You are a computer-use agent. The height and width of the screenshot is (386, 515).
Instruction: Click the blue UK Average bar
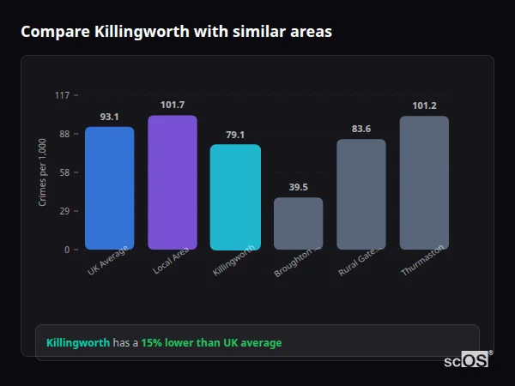109,188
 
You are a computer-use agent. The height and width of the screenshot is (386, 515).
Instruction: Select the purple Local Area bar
173,182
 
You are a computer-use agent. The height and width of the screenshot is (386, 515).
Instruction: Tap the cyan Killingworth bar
235,196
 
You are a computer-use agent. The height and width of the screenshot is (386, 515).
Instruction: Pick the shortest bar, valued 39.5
298,223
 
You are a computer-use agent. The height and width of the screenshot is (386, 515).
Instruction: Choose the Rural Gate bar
361,194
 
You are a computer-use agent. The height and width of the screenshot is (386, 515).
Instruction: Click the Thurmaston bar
424,183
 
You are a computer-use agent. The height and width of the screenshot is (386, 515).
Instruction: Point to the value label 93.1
109,117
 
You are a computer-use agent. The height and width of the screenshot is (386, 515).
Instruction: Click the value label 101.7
173,105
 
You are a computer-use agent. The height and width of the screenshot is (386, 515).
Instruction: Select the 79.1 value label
235,135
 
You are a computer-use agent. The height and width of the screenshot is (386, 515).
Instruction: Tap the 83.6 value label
361,129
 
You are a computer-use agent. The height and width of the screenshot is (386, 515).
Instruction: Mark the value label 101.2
424,106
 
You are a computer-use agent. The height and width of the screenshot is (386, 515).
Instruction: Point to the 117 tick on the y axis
62,95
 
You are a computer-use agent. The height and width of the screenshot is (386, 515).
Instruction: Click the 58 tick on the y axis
64,172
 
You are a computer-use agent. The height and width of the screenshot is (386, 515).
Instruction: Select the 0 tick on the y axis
66,250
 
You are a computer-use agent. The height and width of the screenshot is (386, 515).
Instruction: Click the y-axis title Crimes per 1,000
43,172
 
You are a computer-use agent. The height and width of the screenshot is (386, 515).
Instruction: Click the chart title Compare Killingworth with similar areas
176,32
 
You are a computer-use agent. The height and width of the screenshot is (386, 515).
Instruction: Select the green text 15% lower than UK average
211,343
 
